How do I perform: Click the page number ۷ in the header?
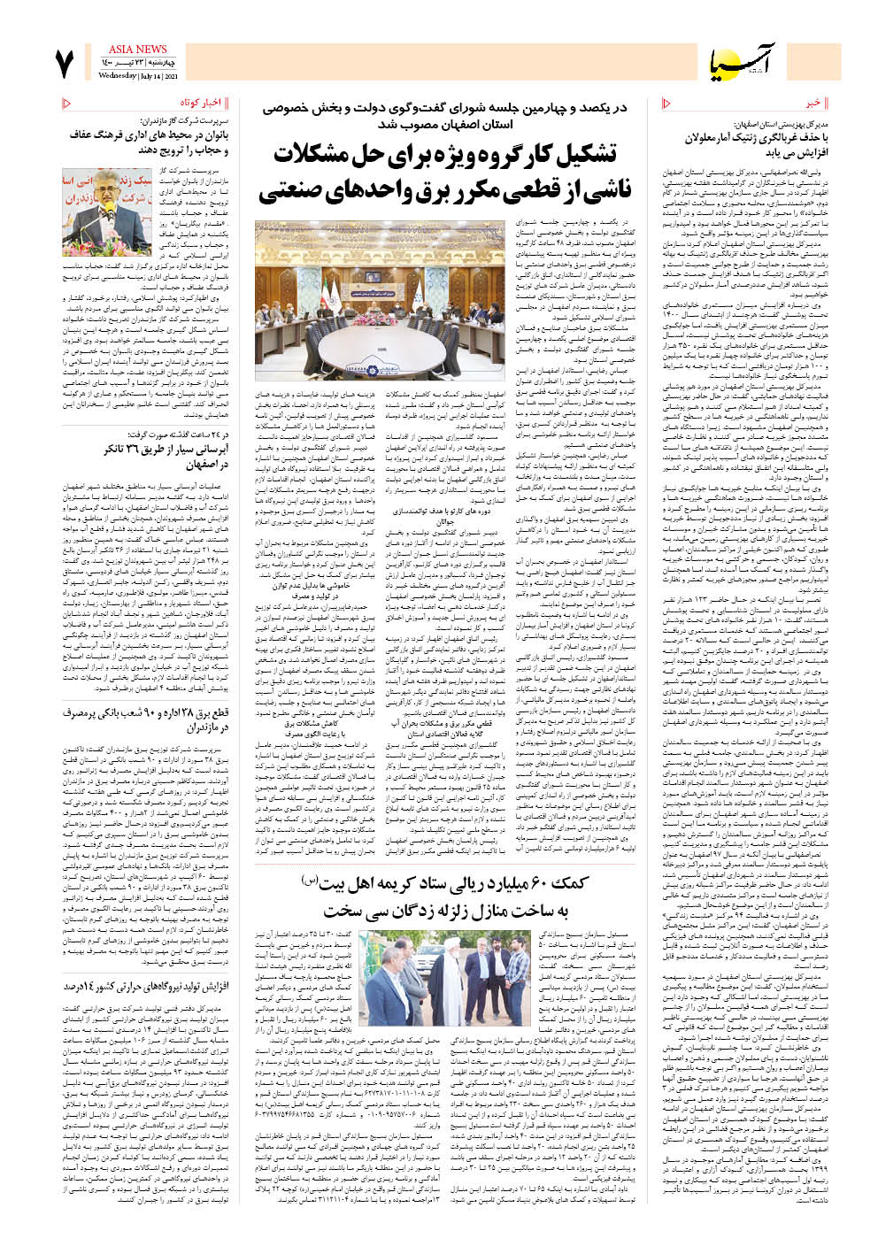click(x=65, y=65)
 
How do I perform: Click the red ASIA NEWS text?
click(x=137, y=50)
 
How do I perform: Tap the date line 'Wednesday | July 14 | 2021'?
click(x=137, y=76)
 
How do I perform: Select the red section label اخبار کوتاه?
click(x=199, y=104)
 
